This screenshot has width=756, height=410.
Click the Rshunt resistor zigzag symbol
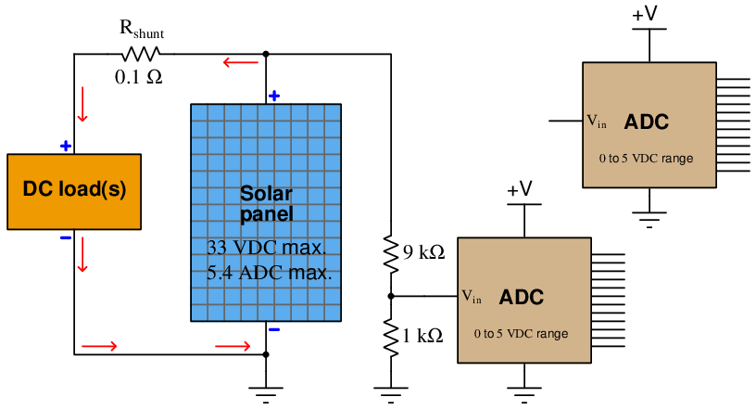point(140,54)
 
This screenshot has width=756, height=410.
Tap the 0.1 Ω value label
point(138,77)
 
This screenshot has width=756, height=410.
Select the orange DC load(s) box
point(74,192)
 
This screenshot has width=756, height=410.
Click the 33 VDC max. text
point(267,248)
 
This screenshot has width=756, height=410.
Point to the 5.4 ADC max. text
point(269,273)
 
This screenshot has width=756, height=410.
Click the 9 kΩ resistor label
point(423,252)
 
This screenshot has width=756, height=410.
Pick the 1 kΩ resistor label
point(422,336)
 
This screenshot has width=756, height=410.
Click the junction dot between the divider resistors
point(391,296)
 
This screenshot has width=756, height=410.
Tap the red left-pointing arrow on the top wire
point(241,62)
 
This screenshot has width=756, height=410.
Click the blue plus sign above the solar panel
point(274,96)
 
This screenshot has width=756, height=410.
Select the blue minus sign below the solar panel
point(274,330)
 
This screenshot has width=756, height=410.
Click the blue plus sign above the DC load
point(66,146)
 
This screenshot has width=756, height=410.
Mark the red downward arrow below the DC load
point(82,254)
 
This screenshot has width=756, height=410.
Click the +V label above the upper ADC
point(645,14)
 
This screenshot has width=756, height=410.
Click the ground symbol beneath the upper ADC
point(649,218)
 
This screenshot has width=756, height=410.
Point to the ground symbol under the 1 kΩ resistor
point(391,394)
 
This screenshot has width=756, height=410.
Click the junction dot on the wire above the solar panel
point(266,54)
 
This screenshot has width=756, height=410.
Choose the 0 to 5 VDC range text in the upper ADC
point(646,159)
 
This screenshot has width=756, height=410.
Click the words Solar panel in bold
point(267,204)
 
